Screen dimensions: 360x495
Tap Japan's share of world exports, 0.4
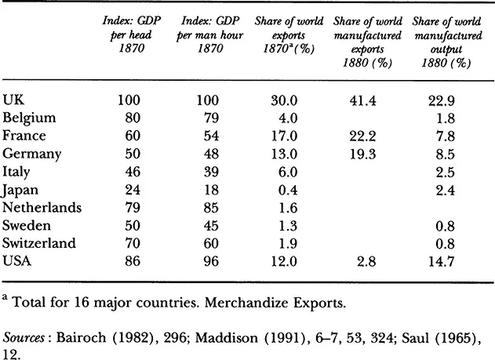286,190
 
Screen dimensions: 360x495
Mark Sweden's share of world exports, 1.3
286,226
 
